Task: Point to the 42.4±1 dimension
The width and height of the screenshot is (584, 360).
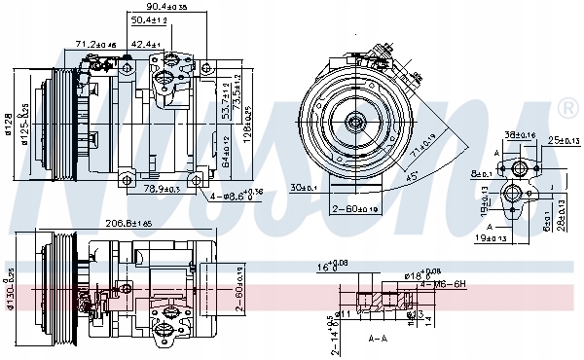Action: pos(146,44)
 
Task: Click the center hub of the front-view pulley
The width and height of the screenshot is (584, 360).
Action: pos(355,122)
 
